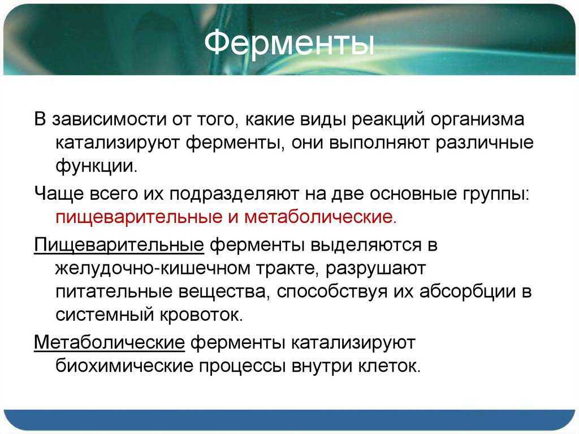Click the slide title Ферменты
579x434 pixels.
pos(289,44)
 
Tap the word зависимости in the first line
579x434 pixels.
pos(109,119)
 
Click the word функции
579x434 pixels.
pos(96,166)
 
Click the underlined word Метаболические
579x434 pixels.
pos(109,342)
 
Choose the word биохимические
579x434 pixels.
pos(124,366)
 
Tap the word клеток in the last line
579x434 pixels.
pos(389,366)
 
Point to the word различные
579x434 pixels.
pos(485,143)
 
